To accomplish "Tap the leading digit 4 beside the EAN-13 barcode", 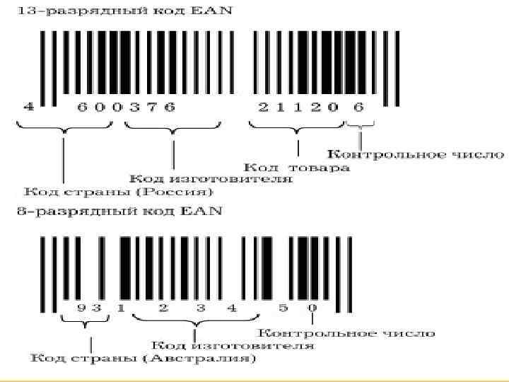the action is [30, 107].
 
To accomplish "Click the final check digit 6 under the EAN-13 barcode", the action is [358, 107].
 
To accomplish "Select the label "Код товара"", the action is [298, 168].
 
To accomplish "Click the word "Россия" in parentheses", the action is [187, 191].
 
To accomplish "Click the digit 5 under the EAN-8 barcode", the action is [283, 308].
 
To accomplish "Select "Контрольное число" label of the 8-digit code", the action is [346, 332].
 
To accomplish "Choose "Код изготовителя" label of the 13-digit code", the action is [213, 179].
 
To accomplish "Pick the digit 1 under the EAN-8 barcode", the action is [122, 308].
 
